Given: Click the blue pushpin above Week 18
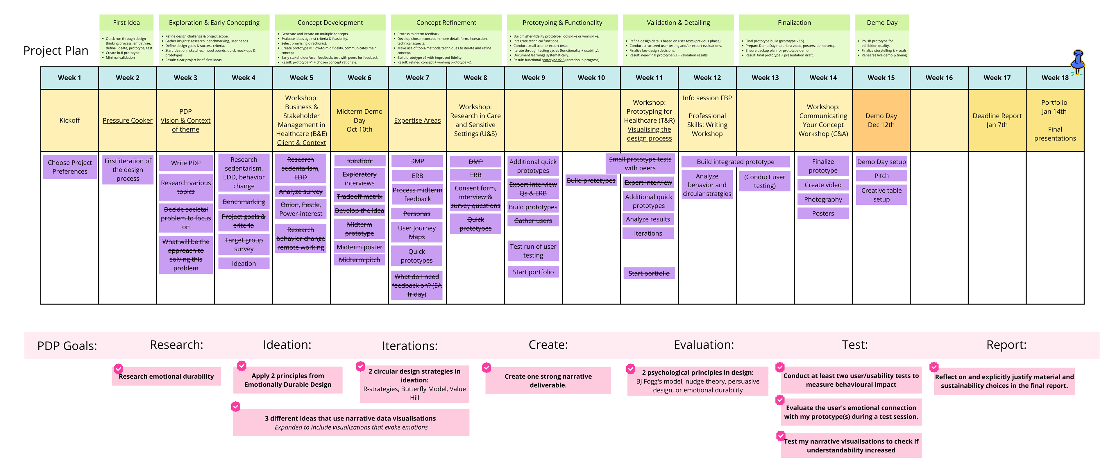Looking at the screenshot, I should pos(1078,61).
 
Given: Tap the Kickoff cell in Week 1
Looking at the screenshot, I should pos(70,120).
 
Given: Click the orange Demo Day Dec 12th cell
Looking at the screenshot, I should pos(881,120).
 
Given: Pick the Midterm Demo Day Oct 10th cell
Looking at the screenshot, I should pos(359,120).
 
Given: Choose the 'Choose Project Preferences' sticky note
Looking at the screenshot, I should pos(70,167).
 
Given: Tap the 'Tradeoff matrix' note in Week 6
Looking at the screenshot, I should pos(359,197).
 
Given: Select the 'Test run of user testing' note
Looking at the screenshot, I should pos(533,251).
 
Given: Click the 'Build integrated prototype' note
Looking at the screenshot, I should pos(735,162).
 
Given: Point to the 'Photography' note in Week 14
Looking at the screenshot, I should pos(823,199).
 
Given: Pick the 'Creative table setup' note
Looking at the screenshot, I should pos(881,195).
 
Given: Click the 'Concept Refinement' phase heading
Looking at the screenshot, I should pos(446,23).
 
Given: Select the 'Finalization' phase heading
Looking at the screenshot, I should pos(794,23).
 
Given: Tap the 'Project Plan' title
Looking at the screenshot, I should pos(56,51).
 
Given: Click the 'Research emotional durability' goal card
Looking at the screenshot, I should pos(166,376).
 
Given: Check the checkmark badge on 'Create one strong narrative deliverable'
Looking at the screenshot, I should pos(487,367).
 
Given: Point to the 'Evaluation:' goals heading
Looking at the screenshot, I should pos(704,345).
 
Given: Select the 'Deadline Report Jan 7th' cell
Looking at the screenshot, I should pos(997,120).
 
